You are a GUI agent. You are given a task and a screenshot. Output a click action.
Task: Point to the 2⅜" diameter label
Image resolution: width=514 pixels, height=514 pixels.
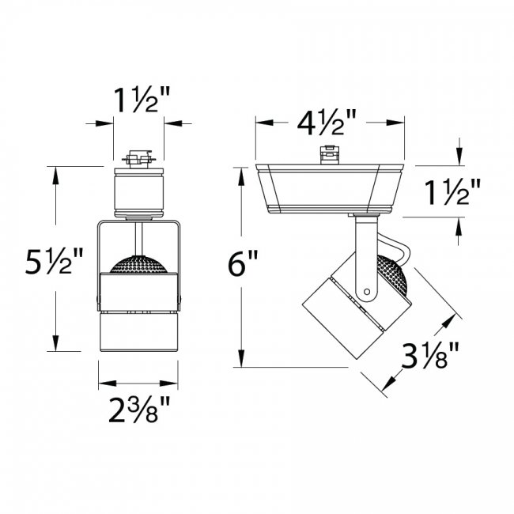(138, 411)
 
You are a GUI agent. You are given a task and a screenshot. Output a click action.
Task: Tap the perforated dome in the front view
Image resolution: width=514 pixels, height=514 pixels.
(138, 266)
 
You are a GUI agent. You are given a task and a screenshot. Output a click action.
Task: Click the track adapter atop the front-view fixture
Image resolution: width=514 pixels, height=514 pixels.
(138, 161)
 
